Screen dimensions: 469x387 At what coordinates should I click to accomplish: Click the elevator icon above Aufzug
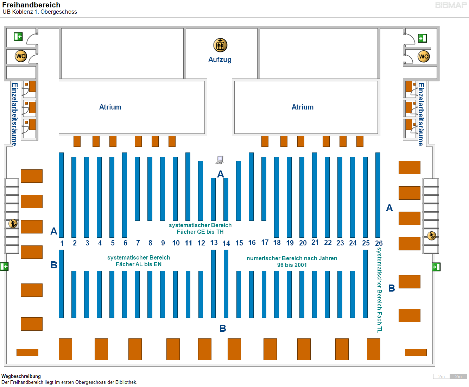pyautogui.click(x=220, y=45)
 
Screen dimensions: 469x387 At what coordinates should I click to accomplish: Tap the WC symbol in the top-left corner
pyautogui.click(x=21, y=56)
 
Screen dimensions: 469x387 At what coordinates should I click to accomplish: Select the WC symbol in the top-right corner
pyautogui.click(x=424, y=56)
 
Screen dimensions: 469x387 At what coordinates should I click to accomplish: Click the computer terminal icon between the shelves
pyautogui.click(x=220, y=160)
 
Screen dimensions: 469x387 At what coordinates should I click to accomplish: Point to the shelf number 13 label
pyautogui.click(x=214, y=243)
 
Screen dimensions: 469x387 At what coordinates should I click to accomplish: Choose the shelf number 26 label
pyautogui.click(x=379, y=243)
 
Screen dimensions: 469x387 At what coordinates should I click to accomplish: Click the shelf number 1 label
pyautogui.click(x=62, y=243)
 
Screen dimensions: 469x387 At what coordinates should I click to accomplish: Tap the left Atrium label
pyautogui.click(x=110, y=107)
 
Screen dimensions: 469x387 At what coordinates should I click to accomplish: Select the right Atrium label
pyautogui.click(x=303, y=107)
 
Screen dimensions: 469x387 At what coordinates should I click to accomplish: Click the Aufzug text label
pyautogui.click(x=220, y=60)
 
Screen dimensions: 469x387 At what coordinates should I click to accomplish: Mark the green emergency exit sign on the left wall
pyautogui.click(x=4, y=267)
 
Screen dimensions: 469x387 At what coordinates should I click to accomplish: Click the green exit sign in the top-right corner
pyautogui.click(x=422, y=38)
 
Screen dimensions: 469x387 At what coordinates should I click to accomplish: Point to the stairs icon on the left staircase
pyautogui.click(x=13, y=224)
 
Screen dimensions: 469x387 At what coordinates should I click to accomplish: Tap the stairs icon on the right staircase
pyautogui.click(x=431, y=236)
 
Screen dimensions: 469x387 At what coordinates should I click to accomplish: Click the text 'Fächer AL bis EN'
pyautogui.click(x=139, y=264)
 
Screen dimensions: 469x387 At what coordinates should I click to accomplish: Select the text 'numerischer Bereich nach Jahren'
pyautogui.click(x=292, y=258)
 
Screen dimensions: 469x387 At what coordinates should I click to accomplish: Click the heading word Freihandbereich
pyautogui.click(x=31, y=5)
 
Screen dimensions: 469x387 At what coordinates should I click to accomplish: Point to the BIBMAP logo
pyautogui.click(x=451, y=5)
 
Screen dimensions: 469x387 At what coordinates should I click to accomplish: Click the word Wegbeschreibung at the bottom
pyautogui.click(x=21, y=376)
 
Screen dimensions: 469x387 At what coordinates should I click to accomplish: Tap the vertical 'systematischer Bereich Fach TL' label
pyautogui.click(x=379, y=290)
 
